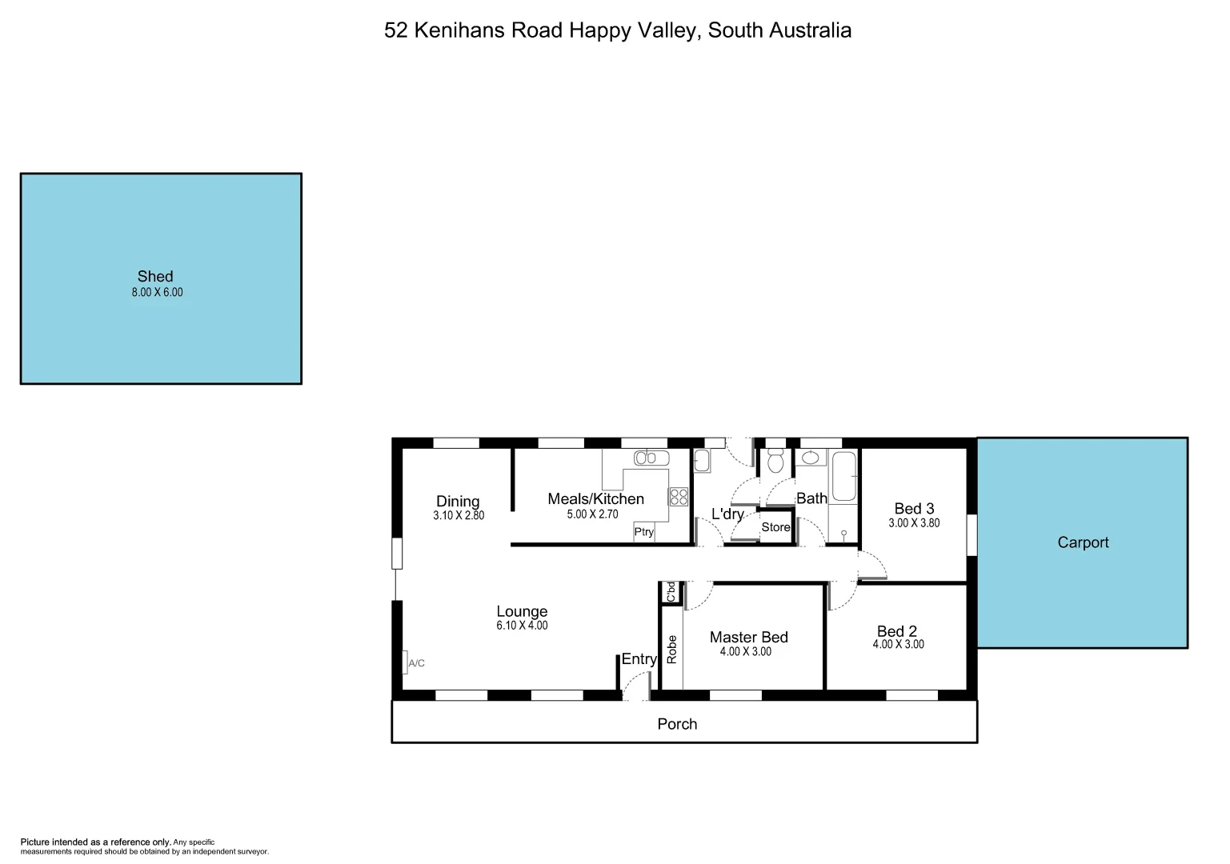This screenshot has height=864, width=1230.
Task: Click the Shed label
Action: click(155, 277)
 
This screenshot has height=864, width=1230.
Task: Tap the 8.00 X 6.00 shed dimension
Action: click(157, 293)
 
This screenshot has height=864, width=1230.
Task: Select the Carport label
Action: click(1083, 542)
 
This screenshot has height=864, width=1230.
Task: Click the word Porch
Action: click(677, 724)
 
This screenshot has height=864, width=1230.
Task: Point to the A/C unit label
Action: click(416, 663)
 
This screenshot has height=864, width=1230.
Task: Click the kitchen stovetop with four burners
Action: click(678, 497)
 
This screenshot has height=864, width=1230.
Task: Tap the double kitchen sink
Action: click(651, 458)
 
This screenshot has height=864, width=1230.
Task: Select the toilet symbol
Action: click(775, 462)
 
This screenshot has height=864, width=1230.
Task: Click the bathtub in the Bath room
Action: click(843, 477)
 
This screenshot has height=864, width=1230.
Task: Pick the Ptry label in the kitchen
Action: click(643, 532)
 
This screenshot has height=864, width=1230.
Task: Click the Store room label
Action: click(775, 527)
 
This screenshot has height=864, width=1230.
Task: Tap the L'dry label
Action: click(727, 514)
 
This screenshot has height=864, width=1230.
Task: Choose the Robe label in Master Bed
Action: click(672, 650)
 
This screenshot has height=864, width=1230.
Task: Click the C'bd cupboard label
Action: click(671, 592)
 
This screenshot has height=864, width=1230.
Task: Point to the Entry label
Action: click(639, 659)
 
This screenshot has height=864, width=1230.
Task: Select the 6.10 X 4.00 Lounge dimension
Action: click(522, 626)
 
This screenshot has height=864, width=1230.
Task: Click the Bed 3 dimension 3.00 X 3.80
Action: click(914, 523)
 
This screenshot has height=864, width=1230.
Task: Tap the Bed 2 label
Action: click(897, 631)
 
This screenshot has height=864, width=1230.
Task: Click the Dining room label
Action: click(458, 502)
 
